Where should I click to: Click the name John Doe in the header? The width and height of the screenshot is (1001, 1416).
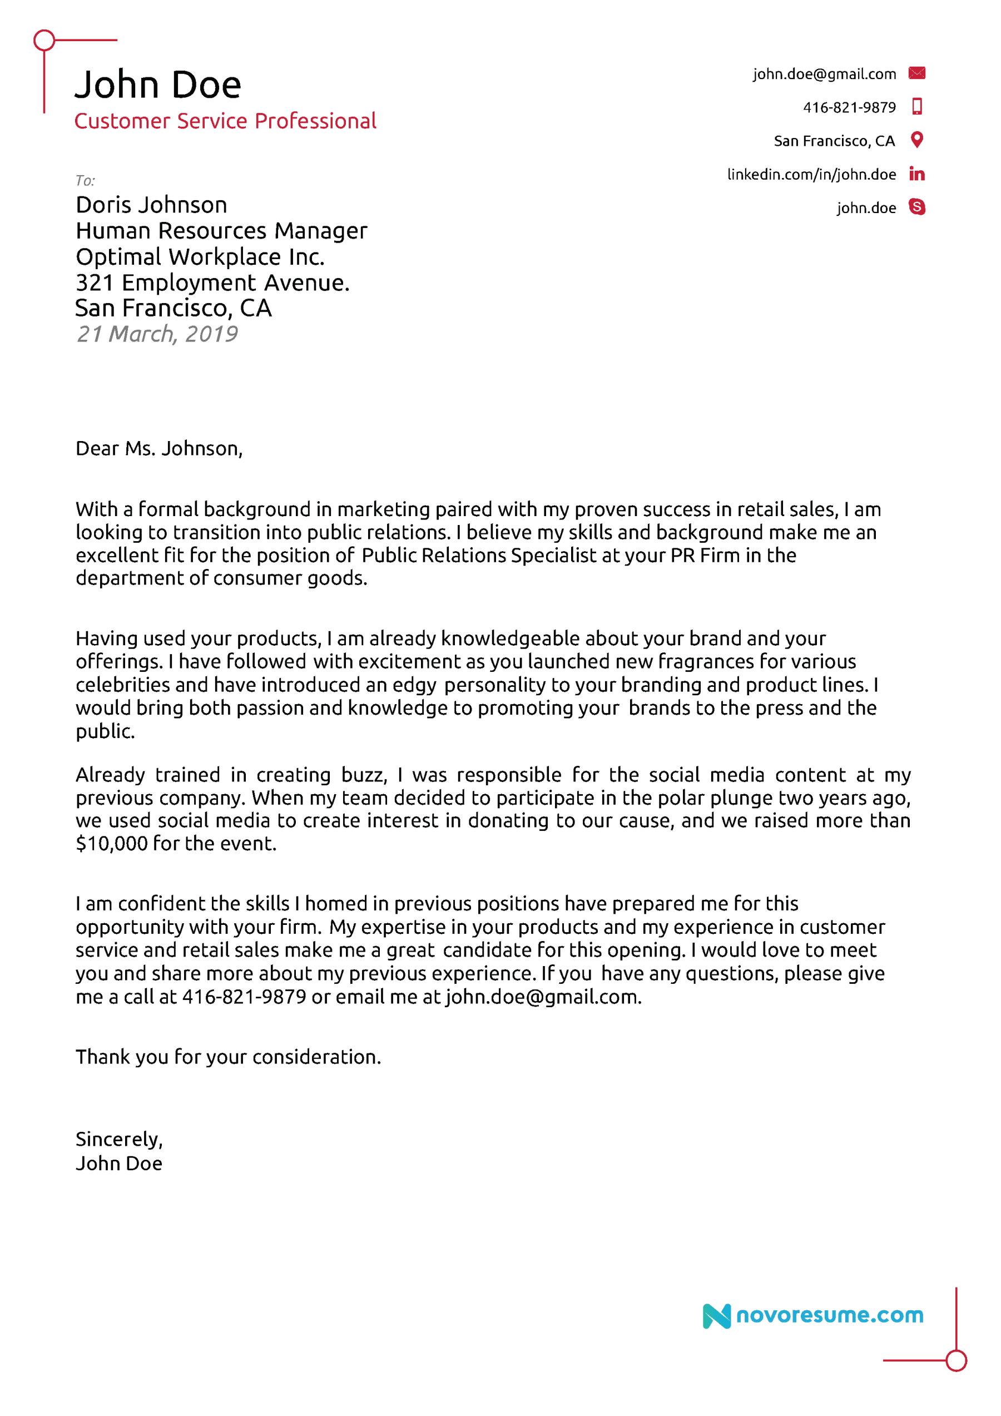tap(158, 85)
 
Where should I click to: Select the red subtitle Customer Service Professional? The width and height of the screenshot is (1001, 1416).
tap(225, 121)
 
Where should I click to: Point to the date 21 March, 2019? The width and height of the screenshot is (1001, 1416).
tap(157, 334)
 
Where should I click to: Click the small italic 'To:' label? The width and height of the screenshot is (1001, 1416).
tap(85, 181)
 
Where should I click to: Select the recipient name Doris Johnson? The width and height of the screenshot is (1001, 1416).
tap(151, 205)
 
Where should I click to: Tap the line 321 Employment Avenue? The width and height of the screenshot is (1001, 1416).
tap(212, 283)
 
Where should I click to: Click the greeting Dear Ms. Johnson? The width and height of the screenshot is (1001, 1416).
tap(159, 448)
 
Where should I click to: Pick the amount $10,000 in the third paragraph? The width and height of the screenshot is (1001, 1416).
tap(112, 844)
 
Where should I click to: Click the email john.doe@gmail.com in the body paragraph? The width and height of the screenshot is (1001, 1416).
tap(543, 997)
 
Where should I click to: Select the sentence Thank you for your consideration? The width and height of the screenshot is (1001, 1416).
tap(228, 1057)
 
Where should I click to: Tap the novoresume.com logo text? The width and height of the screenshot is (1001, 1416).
tap(830, 1315)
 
